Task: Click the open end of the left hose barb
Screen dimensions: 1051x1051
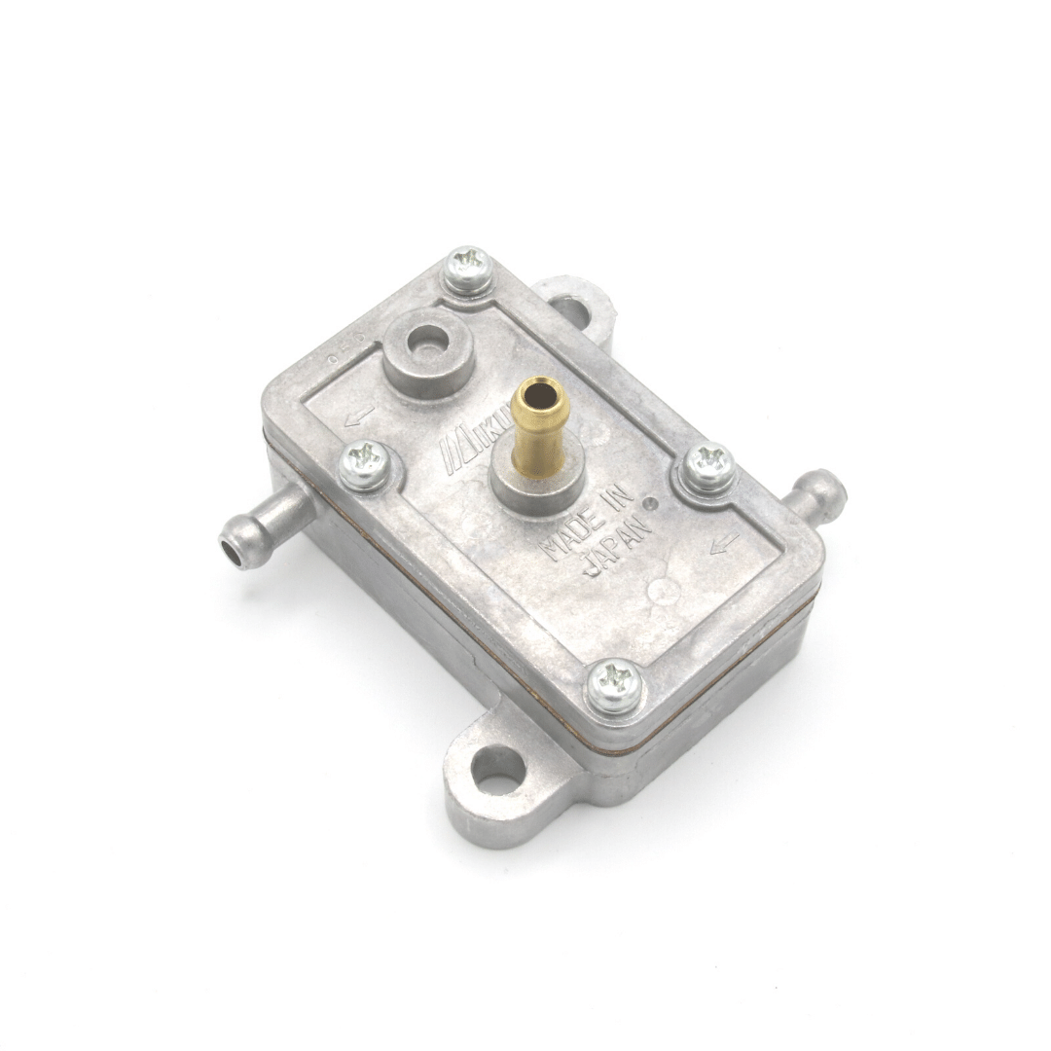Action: click(x=230, y=550)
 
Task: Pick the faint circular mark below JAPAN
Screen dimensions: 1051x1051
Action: click(x=664, y=588)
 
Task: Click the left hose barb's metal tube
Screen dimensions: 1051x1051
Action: click(x=263, y=523)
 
